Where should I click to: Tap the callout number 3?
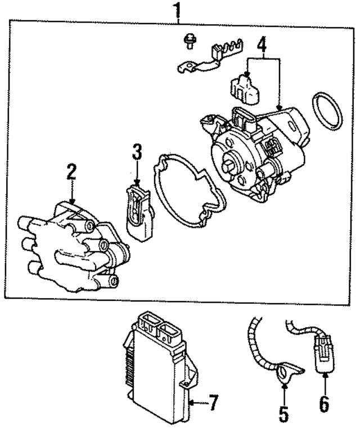[137, 152]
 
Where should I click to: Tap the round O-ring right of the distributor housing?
[327, 118]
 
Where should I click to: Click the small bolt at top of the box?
[190, 40]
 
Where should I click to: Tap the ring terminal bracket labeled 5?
[286, 371]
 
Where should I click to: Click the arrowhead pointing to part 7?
[191, 402]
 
